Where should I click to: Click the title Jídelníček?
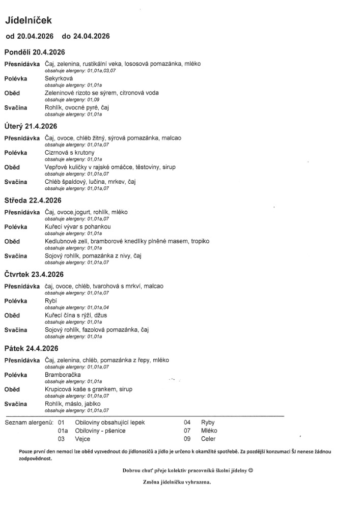(x=29, y=20)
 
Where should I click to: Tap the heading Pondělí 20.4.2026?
(x=35, y=52)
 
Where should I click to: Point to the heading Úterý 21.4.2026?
(x=31, y=126)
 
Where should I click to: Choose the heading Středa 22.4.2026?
(x=33, y=201)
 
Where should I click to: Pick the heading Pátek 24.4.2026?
(x=31, y=349)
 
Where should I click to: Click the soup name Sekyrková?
(x=59, y=78)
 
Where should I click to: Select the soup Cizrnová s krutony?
(x=69, y=153)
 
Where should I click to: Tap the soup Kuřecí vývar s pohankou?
(x=77, y=227)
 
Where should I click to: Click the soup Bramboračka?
(x=63, y=375)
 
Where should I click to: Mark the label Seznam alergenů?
(x=29, y=422)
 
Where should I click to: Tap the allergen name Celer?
(x=208, y=439)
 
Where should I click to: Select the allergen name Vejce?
(x=83, y=439)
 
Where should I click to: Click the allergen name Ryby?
(x=208, y=422)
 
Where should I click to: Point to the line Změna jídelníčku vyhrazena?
(x=177, y=482)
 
